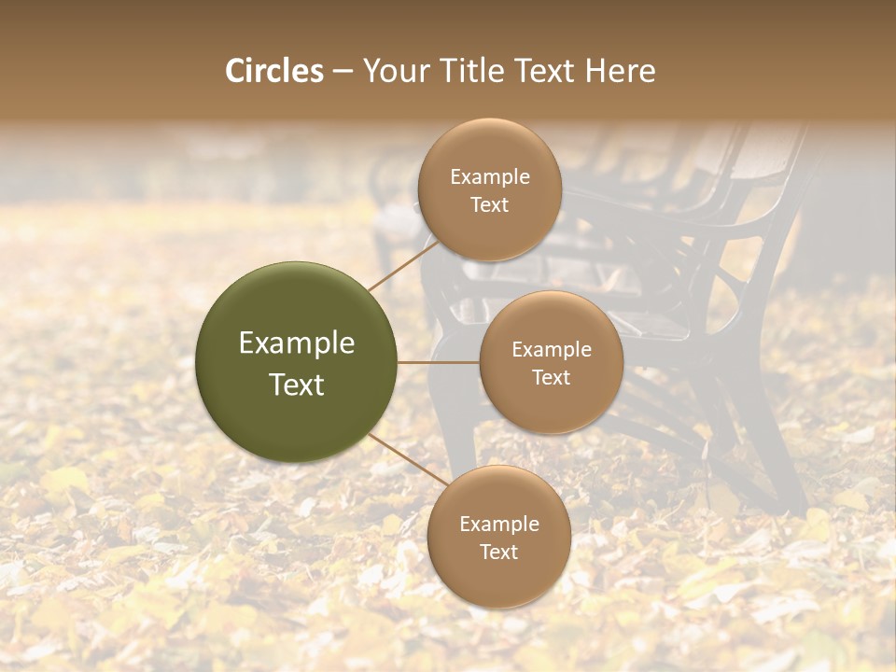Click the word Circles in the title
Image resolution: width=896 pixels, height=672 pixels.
pos(274,71)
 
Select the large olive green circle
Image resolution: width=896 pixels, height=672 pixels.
pos(296,362)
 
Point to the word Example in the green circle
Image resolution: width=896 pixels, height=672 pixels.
pos(297,343)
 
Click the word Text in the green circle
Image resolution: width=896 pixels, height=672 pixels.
pos(297,385)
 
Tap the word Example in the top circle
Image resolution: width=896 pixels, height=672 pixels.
pos(490,177)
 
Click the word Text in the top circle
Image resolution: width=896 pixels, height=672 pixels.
pos(490,204)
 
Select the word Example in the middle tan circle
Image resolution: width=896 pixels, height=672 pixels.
pos(552,350)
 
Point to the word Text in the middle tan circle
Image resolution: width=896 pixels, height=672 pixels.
pos(552,377)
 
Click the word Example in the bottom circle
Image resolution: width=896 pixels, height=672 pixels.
pos(499,525)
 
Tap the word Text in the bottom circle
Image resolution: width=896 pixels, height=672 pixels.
pos(499,552)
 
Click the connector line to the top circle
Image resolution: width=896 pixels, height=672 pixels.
pos(403,265)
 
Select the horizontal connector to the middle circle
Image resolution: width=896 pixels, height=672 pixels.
pos(438,362)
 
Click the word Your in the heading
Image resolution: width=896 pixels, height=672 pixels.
pos(394,71)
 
